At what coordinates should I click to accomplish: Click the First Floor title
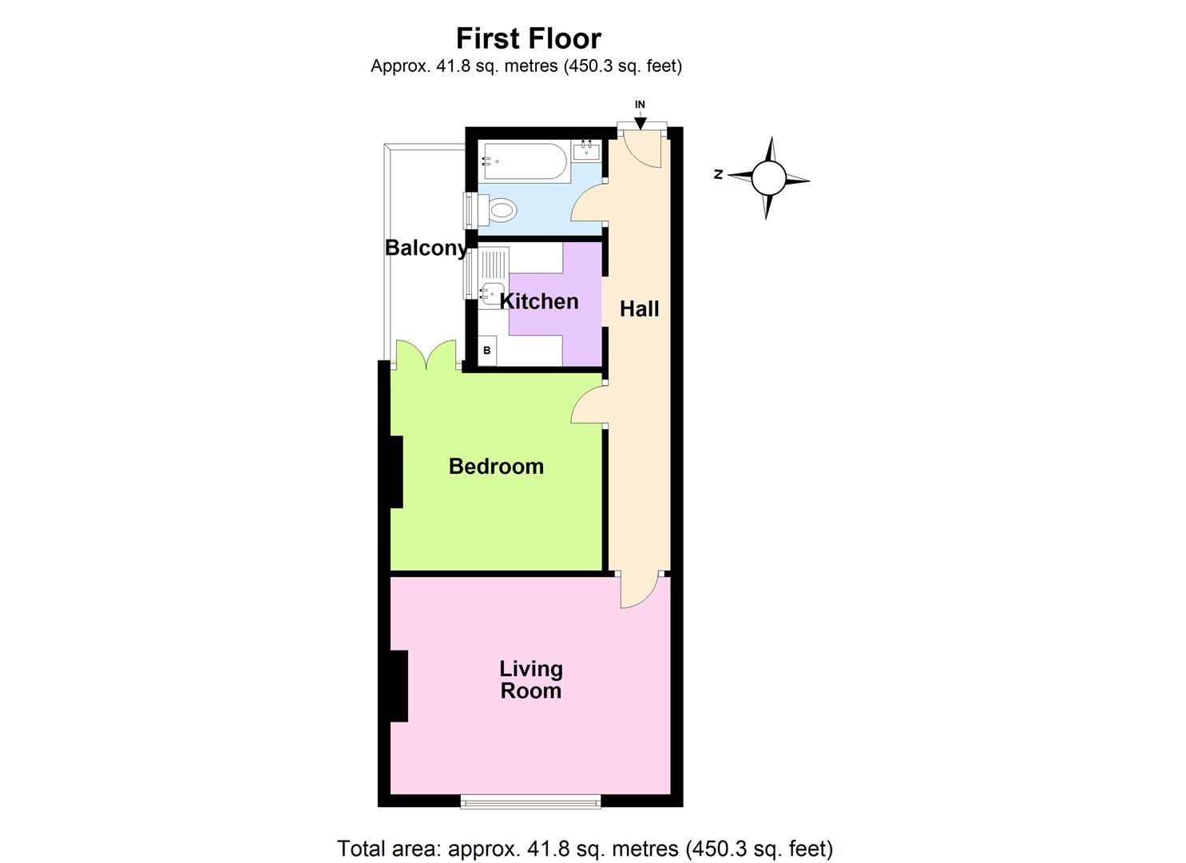pos(528,38)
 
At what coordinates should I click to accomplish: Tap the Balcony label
pos(426,248)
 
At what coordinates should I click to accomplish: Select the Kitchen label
pos(539,301)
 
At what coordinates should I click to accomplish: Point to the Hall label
pos(639,309)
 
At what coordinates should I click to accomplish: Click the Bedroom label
pos(496,466)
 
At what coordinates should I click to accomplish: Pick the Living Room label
pos(531,679)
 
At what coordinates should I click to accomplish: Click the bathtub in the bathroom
pos(524,161)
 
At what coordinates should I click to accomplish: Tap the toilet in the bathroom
pos(498,211)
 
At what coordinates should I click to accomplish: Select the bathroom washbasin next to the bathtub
pos(586,149)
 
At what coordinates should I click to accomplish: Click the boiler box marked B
pos(487,350)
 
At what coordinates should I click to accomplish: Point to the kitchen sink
pos(491,293)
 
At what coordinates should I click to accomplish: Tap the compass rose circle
pos(768,177)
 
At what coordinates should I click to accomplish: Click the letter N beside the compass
pos(719,174)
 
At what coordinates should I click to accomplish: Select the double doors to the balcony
pos(426,356)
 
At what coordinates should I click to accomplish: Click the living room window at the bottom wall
pos(530,801)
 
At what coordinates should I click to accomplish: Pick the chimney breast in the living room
pos(399,686)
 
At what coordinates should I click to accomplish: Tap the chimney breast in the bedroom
pos(395,471)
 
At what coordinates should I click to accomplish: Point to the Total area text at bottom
pos(585,848)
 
